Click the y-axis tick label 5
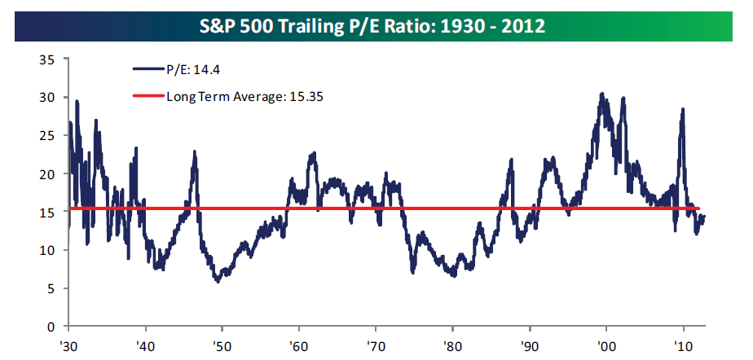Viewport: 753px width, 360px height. coord(51,288)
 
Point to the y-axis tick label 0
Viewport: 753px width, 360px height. coord(51,327)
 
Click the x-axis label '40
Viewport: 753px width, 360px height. coord(145,345)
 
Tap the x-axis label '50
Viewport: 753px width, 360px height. coord(222,345)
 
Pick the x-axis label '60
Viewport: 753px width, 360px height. coord(298,345)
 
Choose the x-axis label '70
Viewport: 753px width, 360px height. coord(375,345)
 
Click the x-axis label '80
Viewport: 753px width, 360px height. coord(452,345)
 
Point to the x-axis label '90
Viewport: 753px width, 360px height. coord(529,345)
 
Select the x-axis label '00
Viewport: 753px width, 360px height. coord(605,345)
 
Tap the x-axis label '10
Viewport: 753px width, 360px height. coord(682,345)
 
